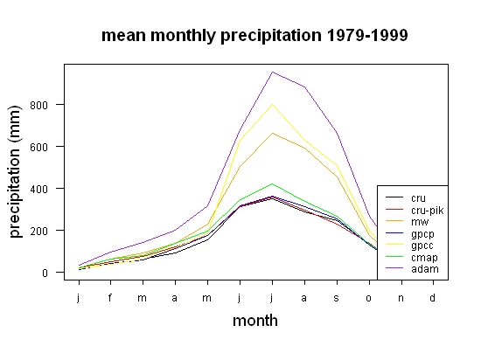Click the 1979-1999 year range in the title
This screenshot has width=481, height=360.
pos(367,35)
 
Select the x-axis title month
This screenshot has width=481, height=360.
pos(255,321)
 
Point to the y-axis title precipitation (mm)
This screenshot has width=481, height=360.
pos(15,171)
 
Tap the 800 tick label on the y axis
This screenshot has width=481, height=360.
pos(39,106)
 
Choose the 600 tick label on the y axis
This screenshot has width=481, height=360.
pos(39,148)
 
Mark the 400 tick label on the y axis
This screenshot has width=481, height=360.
pos(39,189)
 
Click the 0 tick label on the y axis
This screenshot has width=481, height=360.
pos(45,273)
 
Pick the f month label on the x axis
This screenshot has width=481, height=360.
pos(110,297)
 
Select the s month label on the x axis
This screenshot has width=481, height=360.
pos(337,298)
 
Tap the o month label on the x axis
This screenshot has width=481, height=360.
pos(369,298)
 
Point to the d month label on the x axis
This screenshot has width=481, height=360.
pos(432,297)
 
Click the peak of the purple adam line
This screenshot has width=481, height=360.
pos(272,72)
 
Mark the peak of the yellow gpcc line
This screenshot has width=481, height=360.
pos(272,105)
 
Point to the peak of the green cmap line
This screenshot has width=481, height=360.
pos(272,183)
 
